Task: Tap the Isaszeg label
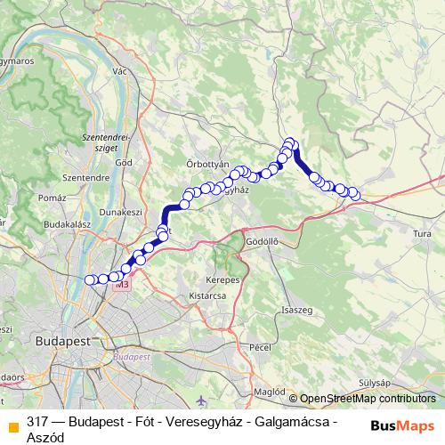(295, 309)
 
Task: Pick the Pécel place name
(260, 345)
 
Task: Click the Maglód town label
(268, 390)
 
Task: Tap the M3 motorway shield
(122, 285)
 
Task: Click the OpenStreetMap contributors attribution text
(368, 399)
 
